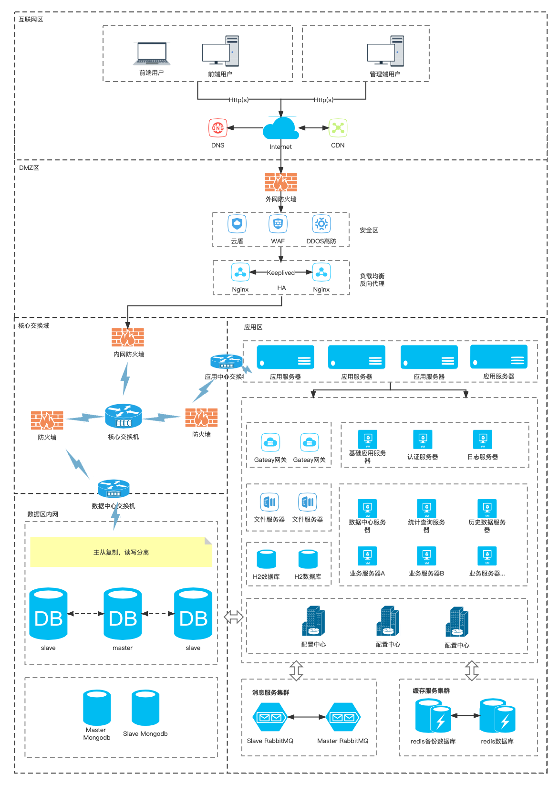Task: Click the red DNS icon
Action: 217,128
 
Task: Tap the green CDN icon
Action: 338,128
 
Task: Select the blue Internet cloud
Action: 281,129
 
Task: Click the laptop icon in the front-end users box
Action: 152,54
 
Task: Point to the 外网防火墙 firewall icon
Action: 281,182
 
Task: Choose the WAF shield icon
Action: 278,224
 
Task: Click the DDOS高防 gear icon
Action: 321,224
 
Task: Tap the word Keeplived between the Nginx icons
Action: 280,272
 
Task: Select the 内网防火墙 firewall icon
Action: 128,337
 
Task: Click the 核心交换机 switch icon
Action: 124,416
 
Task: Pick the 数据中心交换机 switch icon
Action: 114,489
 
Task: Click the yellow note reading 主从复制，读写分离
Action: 121,552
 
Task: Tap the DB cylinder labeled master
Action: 123,614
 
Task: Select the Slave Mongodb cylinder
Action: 145,708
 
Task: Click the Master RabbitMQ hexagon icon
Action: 343,717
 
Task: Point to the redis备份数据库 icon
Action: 433,716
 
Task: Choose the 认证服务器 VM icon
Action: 423,440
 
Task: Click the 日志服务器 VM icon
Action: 483,440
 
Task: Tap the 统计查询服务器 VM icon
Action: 426,509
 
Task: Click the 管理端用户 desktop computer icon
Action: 385,51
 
